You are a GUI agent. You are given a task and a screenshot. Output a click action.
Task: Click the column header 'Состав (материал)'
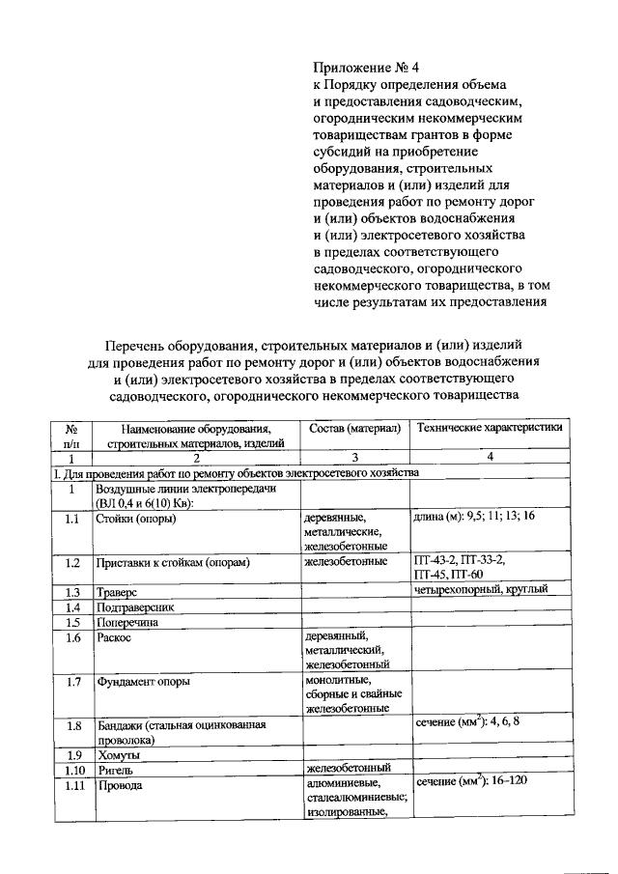point(354,428)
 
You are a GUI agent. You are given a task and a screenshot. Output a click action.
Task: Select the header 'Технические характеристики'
point(488,428)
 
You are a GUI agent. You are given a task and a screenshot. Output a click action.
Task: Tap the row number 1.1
point(71,518)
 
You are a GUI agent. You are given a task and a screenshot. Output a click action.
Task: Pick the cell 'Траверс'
point(117,591)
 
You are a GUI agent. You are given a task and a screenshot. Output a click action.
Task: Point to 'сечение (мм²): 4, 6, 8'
point(472,723)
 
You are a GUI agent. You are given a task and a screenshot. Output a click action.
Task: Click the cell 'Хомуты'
point(118,754)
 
